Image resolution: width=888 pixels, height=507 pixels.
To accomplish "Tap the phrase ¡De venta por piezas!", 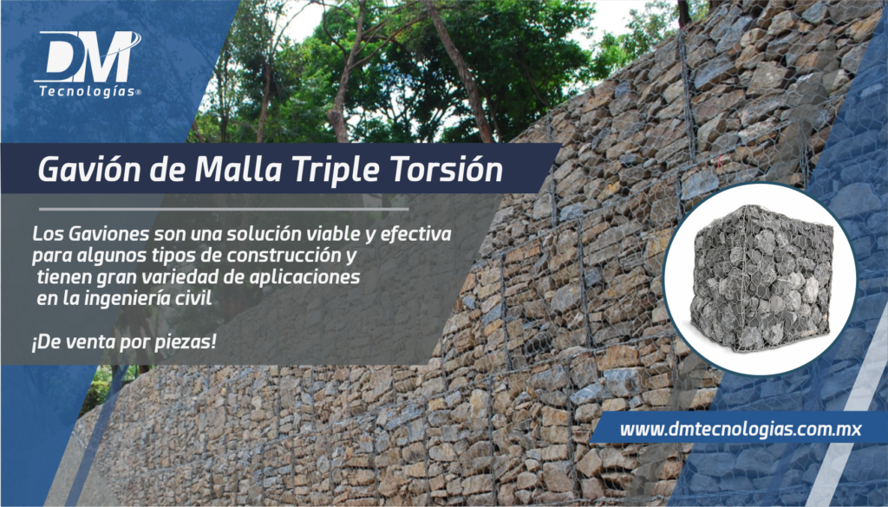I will [x=122, y=341].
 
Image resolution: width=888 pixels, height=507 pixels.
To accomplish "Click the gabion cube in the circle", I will [x=760, y=278].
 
